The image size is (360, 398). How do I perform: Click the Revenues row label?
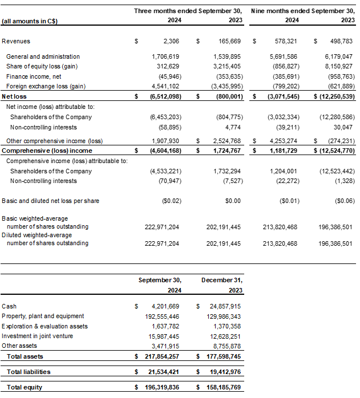pyautogui.click(x=16, y=42)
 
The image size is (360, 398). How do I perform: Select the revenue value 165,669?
pyautogui.click(x=227, y=42)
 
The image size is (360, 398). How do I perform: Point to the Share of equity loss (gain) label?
pyautogui.click(x=41, y=66)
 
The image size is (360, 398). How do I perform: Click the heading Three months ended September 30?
pyautogui.click(x=188, y=11)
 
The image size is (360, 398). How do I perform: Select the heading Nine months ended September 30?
pyautogui.click(x=303, y=11)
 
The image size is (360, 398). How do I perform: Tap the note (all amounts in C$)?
pyautogui.click(x=30, y=21)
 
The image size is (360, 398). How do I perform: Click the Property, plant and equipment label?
pyautogui.click(x=43, y=316)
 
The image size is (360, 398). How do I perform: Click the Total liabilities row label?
pyautogui.click(x=29, y=372)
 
